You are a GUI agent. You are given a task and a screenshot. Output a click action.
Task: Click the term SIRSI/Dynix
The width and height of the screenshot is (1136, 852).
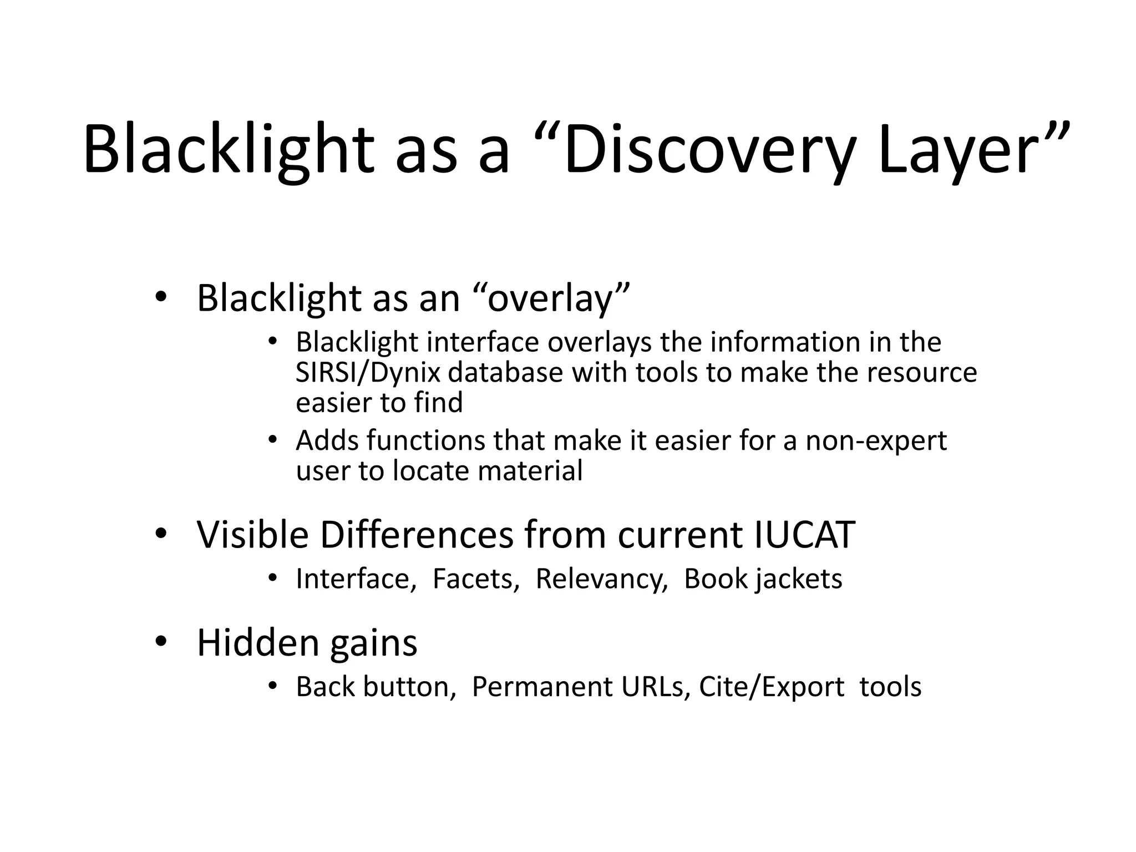pos(368,372)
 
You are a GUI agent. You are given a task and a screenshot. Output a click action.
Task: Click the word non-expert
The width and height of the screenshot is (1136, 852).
pos(876,441)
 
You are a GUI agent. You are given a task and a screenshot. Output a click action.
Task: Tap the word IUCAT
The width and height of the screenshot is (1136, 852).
pos(804,535)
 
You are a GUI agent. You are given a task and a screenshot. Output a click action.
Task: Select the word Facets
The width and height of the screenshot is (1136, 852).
pos(475,579)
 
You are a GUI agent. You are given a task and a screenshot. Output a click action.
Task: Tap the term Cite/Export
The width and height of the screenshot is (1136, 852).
pos(772,687)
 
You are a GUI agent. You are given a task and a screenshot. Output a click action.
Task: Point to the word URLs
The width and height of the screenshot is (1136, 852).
pos(656,687)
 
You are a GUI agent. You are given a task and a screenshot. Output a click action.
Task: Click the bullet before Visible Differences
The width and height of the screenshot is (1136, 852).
pos(160,534)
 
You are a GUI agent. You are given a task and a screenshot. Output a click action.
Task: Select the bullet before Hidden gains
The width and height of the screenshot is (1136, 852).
pos(160,642)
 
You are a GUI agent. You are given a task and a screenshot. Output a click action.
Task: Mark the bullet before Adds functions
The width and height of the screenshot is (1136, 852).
pos(272,440)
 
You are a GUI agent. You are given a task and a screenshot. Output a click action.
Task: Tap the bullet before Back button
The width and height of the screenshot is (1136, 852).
pos(272,687)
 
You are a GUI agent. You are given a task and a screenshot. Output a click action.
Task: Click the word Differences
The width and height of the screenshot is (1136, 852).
pos(417,535)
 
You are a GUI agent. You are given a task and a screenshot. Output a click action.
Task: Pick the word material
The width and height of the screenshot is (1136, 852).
pos(530,471)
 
